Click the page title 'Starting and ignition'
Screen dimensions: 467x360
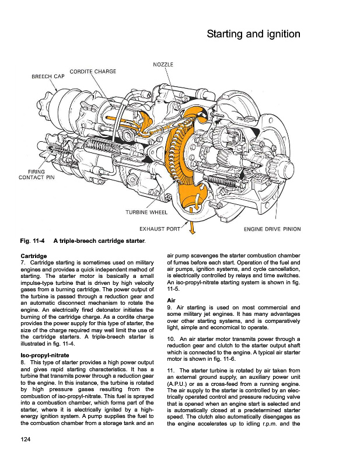point(253,34)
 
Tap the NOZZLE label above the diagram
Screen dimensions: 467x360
point(163,64)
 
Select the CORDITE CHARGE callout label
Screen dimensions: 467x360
point(93,71)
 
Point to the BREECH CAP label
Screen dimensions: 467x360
point(48,76)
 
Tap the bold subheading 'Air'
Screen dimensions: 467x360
point(172,300)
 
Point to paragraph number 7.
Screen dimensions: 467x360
point(23,264)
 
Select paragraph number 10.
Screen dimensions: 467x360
point(170,339)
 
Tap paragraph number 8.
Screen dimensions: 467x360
point(23,363)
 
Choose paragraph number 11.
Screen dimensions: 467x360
point(170,370)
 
